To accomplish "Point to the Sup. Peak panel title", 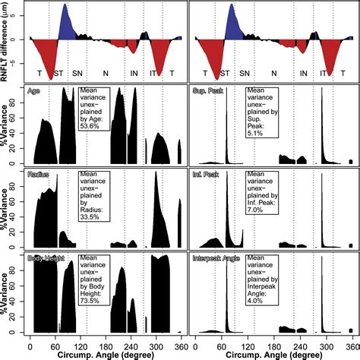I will click(207, 91).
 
